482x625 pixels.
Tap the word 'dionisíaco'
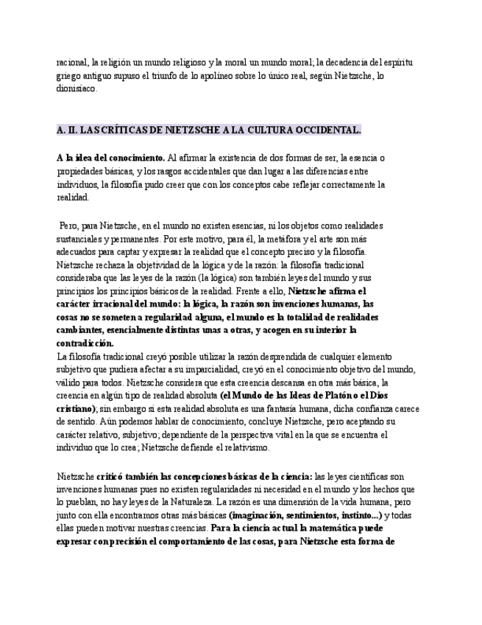(77, 88)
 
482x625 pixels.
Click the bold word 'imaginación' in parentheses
(257, 515)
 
